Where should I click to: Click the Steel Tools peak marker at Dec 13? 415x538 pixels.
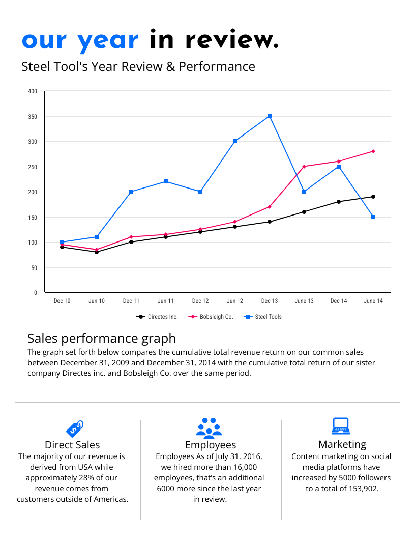point(270,117)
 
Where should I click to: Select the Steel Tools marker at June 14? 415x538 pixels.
point(373,217)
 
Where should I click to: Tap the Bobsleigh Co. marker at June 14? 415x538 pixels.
point(373,151)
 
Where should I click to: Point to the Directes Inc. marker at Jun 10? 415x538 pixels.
point(97,252)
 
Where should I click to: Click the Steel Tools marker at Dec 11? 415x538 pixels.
point(131,192)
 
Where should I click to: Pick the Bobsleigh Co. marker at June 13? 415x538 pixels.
point(304,167)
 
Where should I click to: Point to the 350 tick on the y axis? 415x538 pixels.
point(33,117)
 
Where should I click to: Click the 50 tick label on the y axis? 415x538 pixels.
point(34,268)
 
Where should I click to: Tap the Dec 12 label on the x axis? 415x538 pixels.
point(200,301)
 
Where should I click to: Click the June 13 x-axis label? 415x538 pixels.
point(304,301)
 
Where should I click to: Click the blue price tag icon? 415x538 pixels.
point(74,428)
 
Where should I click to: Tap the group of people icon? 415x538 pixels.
point(209,428)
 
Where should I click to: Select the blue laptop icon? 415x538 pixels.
point(340,426)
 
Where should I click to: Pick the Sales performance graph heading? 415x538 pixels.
point(102,338)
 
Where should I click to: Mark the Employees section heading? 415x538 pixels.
point(211,445)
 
